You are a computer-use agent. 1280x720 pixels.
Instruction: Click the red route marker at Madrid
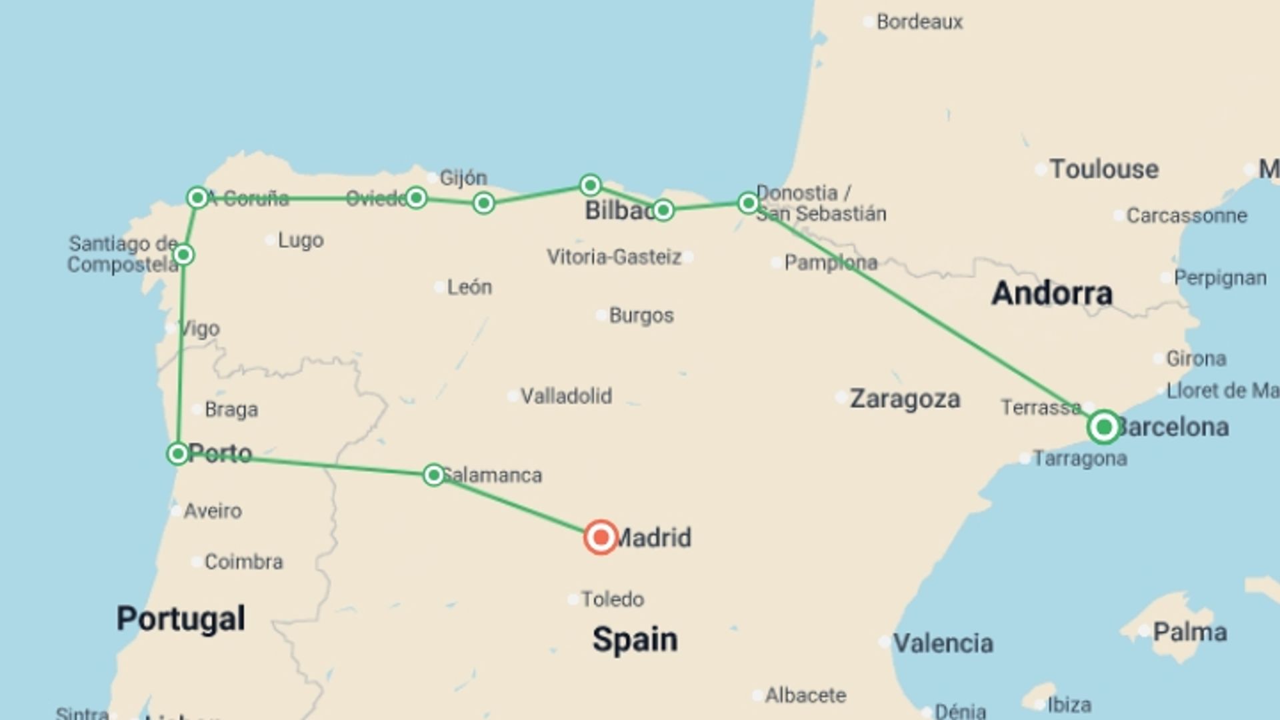tap(601, 537)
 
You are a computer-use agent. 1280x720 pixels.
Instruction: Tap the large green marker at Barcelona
tap(1103, 427)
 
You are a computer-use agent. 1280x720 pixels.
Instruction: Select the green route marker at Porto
tap(177, 454)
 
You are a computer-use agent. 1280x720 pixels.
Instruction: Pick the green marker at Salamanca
tap(434, 475)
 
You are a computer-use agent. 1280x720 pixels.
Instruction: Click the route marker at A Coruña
tap(197, 197)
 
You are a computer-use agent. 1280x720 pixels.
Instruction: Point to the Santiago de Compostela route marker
tap(183, 255)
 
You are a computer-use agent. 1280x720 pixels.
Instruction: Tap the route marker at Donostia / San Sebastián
tap(748, 203)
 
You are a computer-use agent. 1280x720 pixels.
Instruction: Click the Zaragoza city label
tap(905, 399)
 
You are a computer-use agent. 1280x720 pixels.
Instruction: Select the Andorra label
tap(1052, 293)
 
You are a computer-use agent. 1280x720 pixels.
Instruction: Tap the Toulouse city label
tap(1104, 169)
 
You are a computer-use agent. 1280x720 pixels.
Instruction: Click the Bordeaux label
tap(919, 22)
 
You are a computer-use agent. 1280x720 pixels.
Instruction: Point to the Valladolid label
tap(566, 397)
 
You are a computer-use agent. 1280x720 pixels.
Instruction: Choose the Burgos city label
tap(641, 315)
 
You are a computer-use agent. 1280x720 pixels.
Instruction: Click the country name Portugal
tap(181, 619)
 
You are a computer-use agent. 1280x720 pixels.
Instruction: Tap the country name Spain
tap(635, 639)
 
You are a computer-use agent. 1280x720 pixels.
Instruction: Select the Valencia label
tap(943, 643)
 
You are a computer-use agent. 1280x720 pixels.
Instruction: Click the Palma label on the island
tap(1190, 632)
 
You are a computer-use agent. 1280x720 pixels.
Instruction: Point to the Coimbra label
tap(243, 562)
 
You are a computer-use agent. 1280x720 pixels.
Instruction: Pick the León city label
tap(469, 287)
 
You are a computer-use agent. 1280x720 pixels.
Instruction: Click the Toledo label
tap(612, 599)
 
